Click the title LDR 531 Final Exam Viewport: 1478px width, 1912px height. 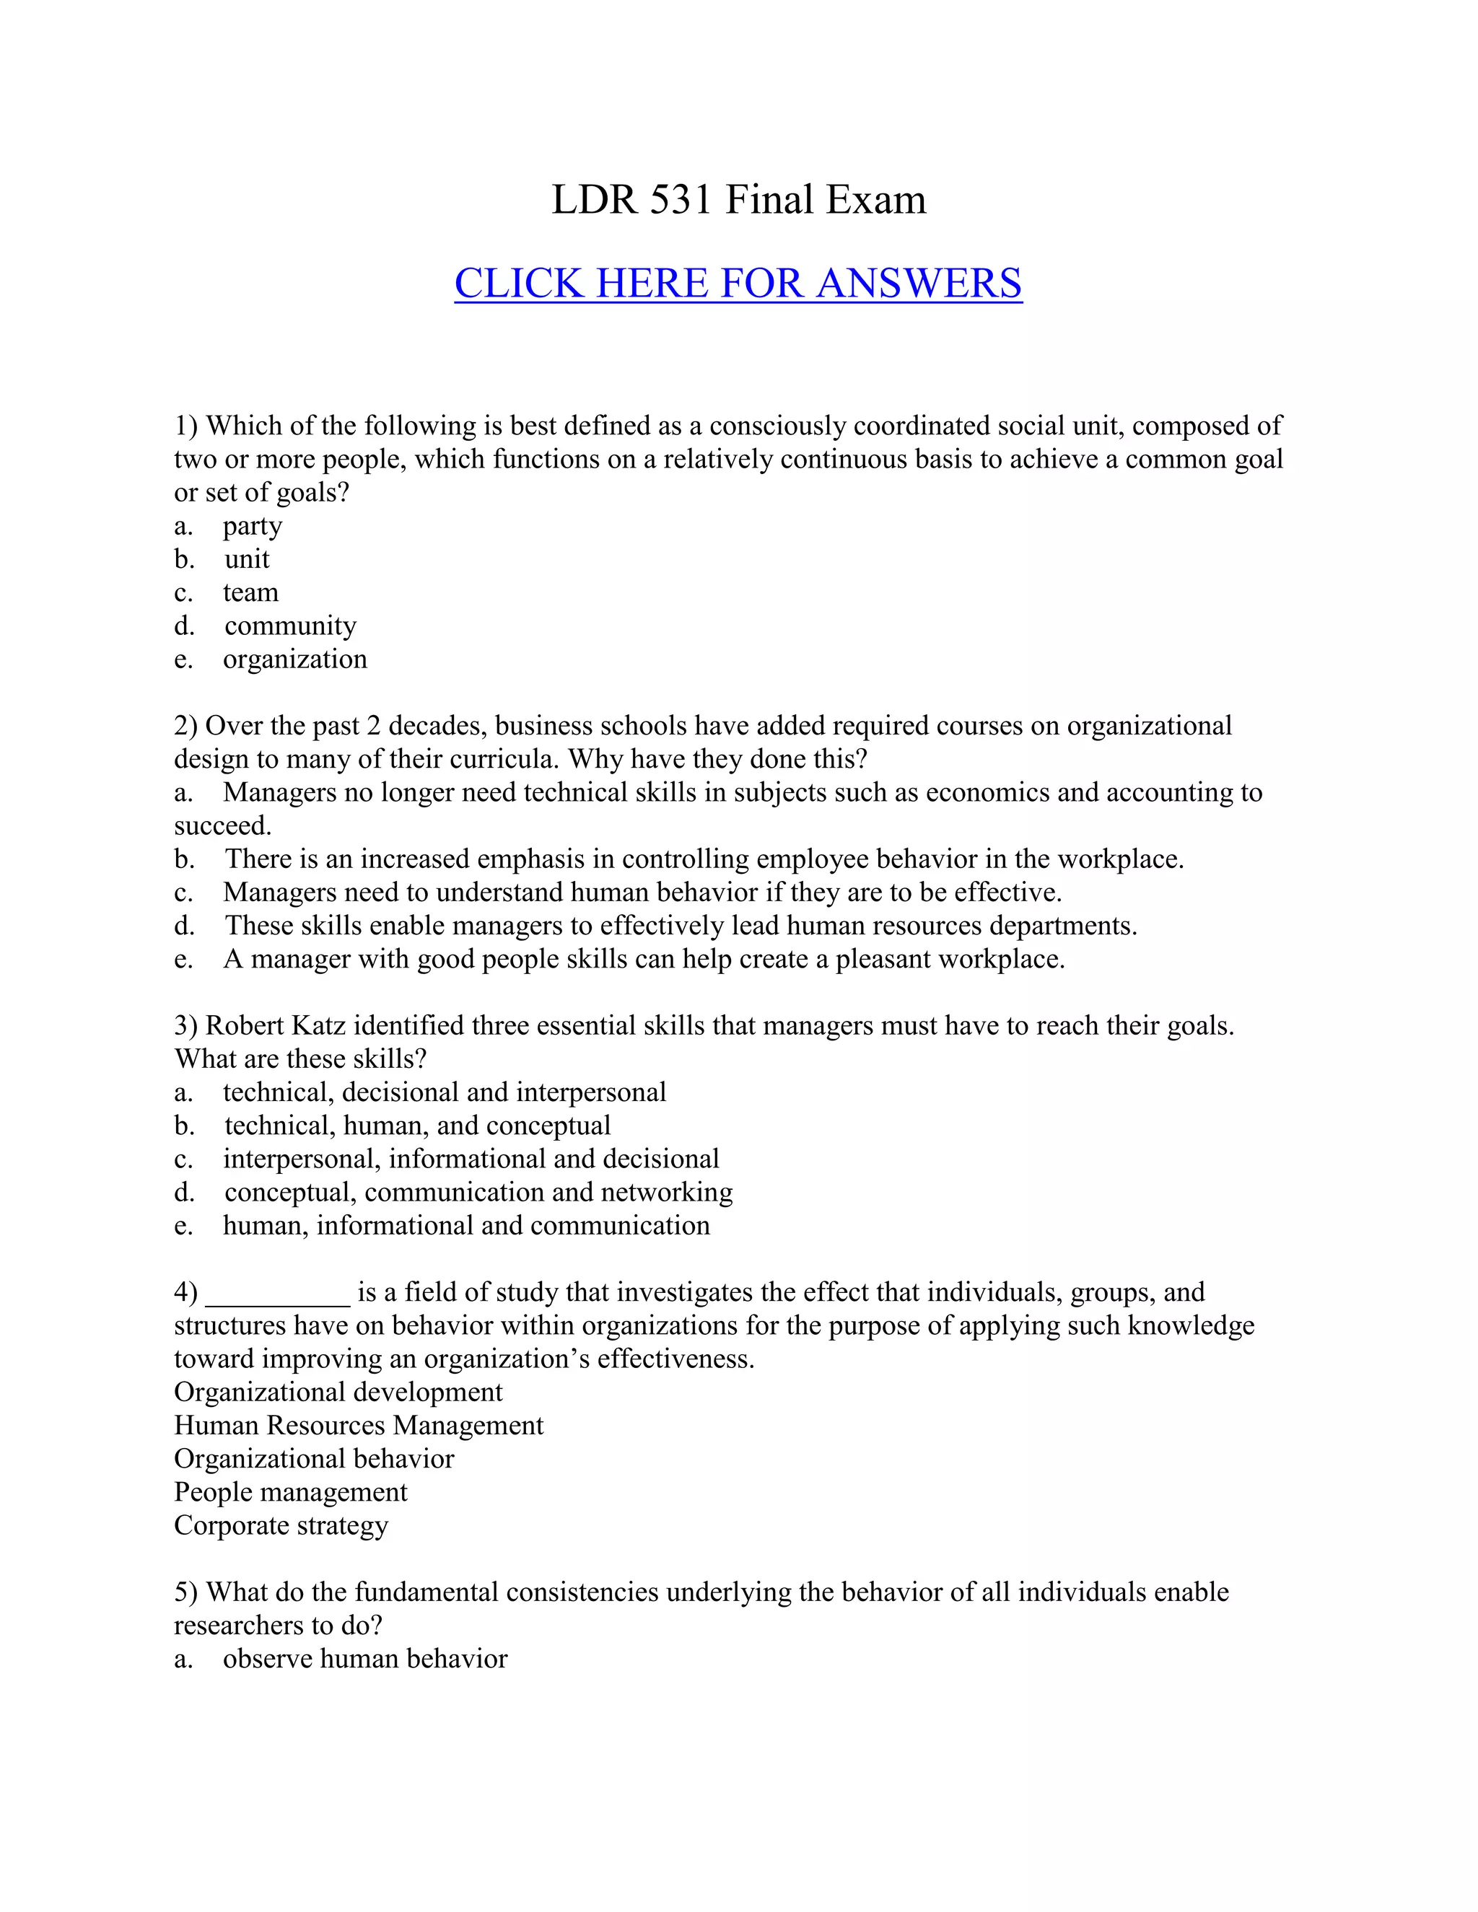point(738,200)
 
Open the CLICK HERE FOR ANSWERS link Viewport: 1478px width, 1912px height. point(738,284)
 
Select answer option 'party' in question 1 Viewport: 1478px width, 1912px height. point(252,526)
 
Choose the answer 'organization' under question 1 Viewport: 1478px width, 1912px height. point(295,659)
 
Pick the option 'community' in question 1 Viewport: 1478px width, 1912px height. point(290,626)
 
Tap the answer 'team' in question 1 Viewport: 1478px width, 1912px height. point(250,592)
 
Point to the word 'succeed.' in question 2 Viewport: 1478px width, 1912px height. point(222,825)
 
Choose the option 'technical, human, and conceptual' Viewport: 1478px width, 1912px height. point(417,1126)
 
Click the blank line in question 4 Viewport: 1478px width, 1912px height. point(276,1294)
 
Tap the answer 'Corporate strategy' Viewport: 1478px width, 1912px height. point(280,1525)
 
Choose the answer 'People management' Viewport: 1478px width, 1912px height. point(291,1492)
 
